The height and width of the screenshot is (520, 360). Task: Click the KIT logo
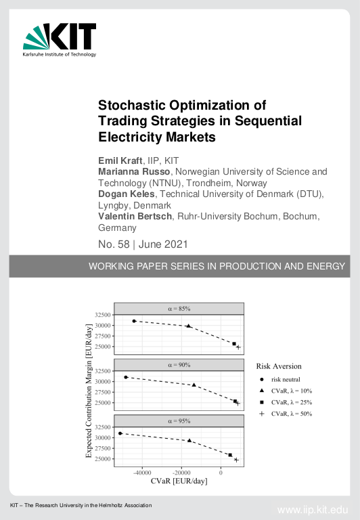[x=60, y=40]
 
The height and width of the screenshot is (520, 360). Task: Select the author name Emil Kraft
[x=120, y=160]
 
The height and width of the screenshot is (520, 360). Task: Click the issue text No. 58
[x=116, y=243]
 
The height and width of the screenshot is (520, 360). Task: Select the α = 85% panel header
[x=179, y=308]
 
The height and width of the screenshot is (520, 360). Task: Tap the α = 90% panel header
[x=179, y=364]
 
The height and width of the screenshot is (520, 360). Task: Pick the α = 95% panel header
[x=179, y=420]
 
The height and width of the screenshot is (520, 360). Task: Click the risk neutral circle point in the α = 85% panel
[x=134, y=321]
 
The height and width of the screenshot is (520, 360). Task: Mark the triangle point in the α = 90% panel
[x=194, y=385]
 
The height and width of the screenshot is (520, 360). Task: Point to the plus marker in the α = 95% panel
[x=237, y=460]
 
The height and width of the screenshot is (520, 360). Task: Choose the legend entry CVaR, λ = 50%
[x=291, y=413]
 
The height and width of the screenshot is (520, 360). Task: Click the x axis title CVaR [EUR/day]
[x=179, y=481]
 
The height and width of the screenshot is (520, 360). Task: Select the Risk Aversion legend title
[x=279, y=366]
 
